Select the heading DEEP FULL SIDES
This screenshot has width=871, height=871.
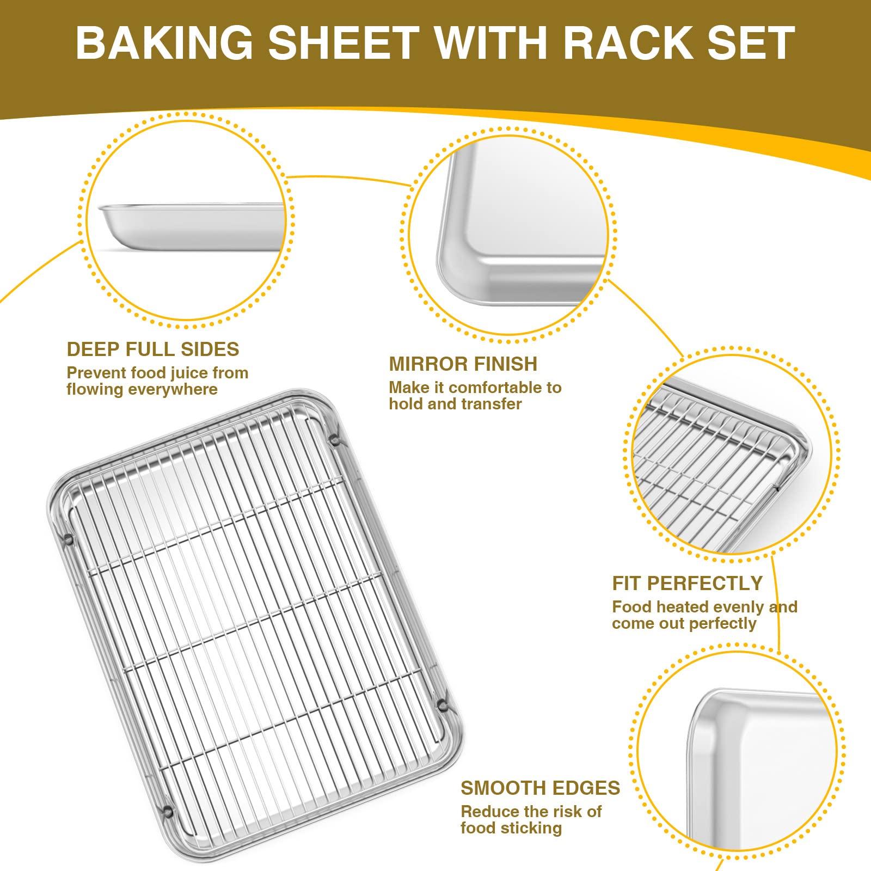(x=153, y=349)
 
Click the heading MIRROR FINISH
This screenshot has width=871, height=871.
(x=463, y=364)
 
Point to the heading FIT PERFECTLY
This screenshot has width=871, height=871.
(x=688, y=583)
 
